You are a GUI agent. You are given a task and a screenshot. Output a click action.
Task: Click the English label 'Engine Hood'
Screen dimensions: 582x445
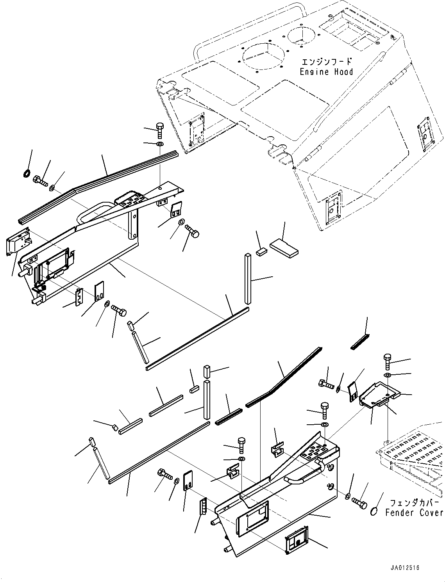(x=326, y=72)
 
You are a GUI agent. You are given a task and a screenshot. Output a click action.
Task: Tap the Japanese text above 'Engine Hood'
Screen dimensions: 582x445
(x=326, y=62)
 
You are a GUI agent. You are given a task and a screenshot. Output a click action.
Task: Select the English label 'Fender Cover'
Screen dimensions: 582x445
(x=414, y=513)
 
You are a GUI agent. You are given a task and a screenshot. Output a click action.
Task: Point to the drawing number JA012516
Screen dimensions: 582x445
(x=404, y=568)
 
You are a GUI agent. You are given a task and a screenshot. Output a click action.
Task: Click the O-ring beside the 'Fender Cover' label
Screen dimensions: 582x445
(x=374, y=510)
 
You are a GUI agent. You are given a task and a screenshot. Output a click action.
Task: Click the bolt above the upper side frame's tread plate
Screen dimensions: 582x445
(x=160, y=130)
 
